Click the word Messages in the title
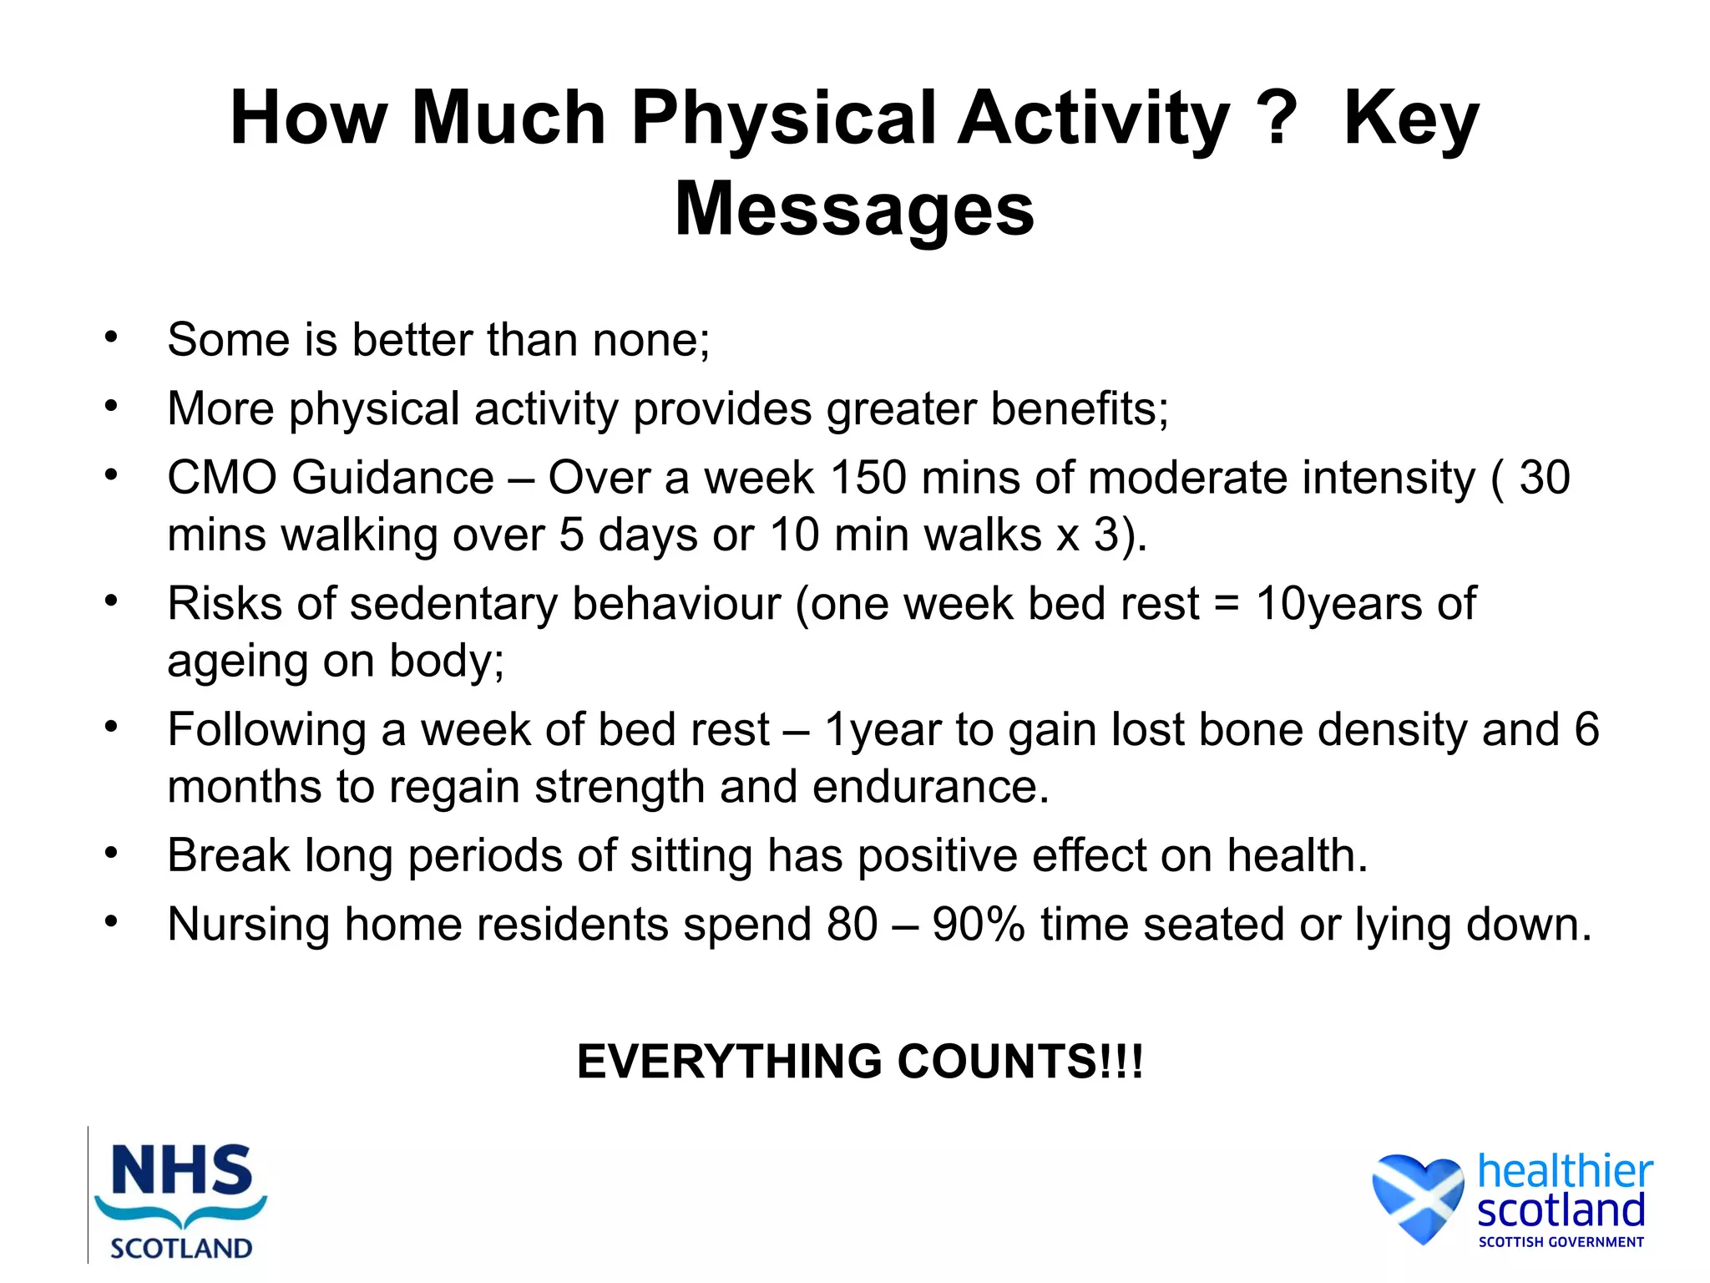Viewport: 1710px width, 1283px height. (854, 209)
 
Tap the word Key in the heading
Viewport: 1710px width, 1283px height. (1411, 119)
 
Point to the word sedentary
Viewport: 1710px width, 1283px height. (453, 604)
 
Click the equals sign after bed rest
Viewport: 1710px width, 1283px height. (1226, 606)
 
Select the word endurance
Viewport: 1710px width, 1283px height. (930, 787)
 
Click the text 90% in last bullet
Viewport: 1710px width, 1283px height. (978, 925)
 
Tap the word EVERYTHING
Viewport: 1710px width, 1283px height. (729, 1062)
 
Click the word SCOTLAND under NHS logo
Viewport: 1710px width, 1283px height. (181, 1248)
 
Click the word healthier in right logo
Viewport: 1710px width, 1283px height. (1564, 1171)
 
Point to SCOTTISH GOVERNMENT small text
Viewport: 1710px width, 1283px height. (1561, 1242)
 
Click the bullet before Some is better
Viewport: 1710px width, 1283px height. (111, 338)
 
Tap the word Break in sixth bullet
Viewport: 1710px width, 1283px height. (228, 856)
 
